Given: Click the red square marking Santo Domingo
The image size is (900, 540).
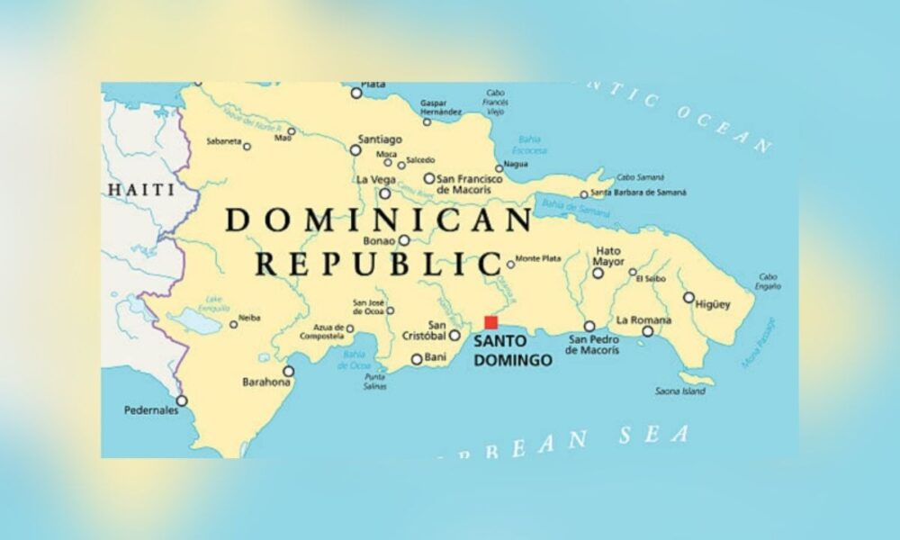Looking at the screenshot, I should pyautogui.click(x=490, y=322).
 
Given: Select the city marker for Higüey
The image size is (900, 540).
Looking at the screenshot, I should pyautogui.click(x=688, y=297).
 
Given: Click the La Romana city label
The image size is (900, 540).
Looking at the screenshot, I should pyautogui.click(x=643, y=319).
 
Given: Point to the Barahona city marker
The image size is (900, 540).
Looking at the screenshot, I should pyautogui.click(x=289, y=371).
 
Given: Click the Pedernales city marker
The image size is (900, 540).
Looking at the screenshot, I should pyautogui.click(x=182, y=400).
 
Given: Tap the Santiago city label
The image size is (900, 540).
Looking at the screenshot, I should pyautogui.click(x=380, y=139).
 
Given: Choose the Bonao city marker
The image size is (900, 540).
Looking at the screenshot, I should pyautogui.click(x=404, y=240).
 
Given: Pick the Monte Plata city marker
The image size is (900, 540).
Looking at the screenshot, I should pyautogui.click(x=510, y=264).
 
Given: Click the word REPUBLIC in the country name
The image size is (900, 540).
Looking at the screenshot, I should pyautogui.click(x=378, y=264).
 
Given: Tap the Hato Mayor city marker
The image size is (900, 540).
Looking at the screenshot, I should pyautogui.click(x=598, y=273).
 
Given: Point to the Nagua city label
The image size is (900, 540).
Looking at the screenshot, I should pyautogui.click(x=516, y=165).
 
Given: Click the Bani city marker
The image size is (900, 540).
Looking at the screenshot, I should pyautogui.click(x=417, y=359).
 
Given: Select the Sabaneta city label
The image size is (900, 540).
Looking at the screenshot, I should pyautogui.click(x=223, y=141).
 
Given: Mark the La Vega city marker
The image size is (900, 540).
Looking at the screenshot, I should pyautogui.click(x=385, y=193).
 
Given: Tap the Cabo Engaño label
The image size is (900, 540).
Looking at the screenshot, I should pyautogui.click(x=768, y=282).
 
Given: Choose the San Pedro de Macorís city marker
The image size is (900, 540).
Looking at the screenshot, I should pyautogui.click(x=589, y=326).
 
